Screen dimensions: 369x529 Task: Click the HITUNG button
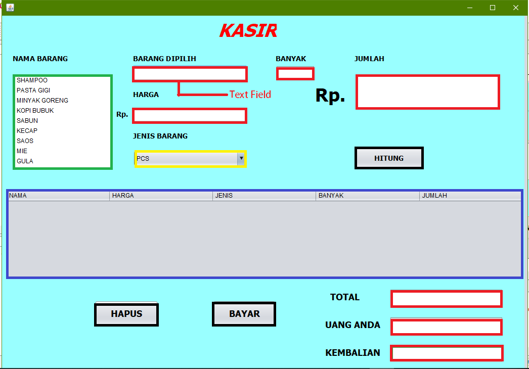[388, 158]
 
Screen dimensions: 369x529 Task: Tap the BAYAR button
[244, 314]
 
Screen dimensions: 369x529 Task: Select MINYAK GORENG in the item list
[42, 101]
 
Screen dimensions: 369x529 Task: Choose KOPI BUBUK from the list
[35, 111]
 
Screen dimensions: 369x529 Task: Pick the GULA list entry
[25, 161]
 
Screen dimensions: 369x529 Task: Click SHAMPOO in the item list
[32, 80]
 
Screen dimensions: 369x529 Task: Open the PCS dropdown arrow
[241, 158]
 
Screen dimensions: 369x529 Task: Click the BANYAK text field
[295, 74]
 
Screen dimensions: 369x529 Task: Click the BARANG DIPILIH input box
[190, 74]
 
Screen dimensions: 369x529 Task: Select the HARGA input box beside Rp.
[190, 116]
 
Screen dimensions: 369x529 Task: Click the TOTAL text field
[446, 299]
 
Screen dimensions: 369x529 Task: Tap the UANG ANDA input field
[446, 327]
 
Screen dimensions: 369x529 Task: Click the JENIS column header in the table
[264, 196]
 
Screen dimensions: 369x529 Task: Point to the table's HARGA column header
[161, 196]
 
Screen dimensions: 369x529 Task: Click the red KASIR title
[248, 31]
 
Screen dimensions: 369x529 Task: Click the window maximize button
[493, 8]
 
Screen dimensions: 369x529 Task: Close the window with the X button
[516, 8]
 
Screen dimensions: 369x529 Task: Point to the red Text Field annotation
[250, 95]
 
